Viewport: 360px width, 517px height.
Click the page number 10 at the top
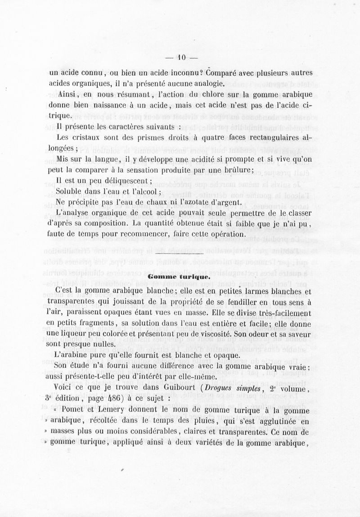click(181, 57)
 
